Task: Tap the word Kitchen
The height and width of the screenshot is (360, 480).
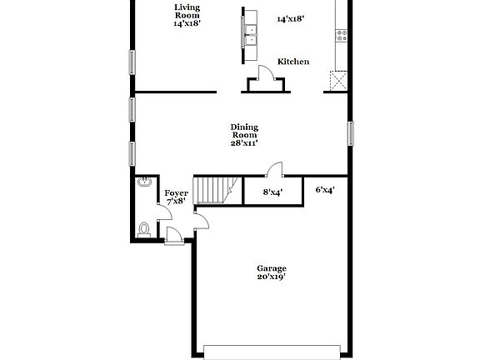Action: coord(293,62)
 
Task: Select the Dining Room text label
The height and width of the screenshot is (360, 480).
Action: coord(244,132)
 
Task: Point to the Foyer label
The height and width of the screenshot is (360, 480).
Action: coord(176,193)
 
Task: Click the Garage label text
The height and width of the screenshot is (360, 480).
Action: coord(272,268)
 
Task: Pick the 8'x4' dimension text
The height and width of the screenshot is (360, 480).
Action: coord(272,192)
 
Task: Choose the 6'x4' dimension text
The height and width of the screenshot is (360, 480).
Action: coord(325,190)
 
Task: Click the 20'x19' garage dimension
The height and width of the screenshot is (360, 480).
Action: coord(272,277)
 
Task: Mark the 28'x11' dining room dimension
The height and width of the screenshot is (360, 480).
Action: coord(244,143)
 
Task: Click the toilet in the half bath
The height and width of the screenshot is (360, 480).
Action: coord(144,228)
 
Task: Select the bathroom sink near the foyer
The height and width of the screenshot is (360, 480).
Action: coord(144,183)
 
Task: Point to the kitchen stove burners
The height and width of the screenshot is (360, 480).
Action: coord(340,35)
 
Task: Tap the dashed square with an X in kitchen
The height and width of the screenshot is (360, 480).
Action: coord(337,80)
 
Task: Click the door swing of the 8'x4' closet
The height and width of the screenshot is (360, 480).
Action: coord(271,172)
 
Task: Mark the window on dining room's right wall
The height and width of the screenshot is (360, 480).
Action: coord(351,133)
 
